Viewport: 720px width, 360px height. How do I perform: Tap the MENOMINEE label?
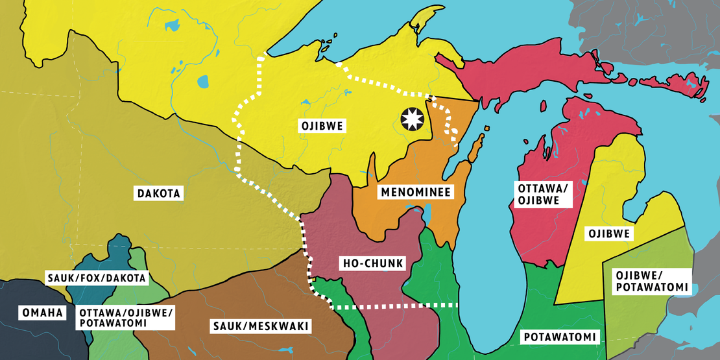click(416, 192)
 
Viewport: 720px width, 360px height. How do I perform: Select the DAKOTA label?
click(159, 193)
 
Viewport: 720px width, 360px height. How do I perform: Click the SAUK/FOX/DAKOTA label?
click(97, 278)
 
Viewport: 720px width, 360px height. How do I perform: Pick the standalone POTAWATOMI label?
click(558, 337)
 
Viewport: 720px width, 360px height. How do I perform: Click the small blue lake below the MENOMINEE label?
click(427, 214)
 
